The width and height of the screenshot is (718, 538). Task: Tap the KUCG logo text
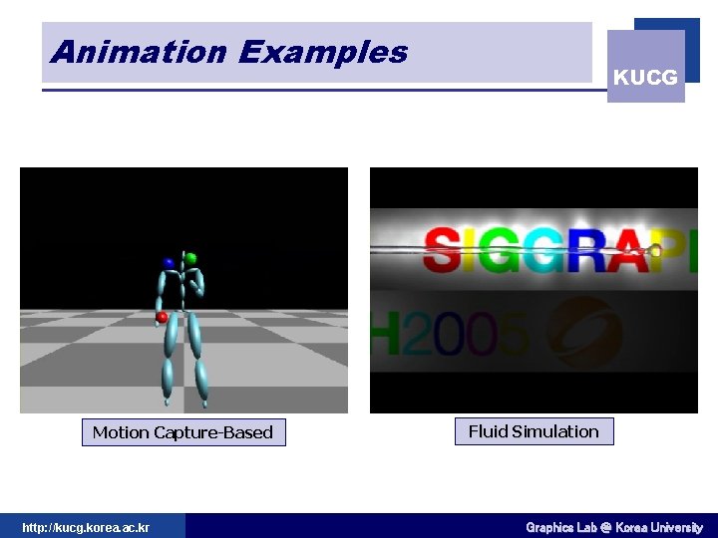coord(645,77)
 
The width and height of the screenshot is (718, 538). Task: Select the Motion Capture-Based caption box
coord(182,432)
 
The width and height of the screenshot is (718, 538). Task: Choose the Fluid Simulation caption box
coord(534,431)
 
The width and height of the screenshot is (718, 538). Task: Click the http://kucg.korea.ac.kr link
coord(86,527)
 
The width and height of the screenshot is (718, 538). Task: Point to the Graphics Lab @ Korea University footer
coord(614,527)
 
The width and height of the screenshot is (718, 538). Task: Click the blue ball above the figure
coord(169,263)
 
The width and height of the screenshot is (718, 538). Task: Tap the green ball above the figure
coord(191,258)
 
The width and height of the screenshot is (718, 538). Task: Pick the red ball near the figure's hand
coord(162,317)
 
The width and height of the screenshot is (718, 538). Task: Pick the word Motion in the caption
coord(120,432)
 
